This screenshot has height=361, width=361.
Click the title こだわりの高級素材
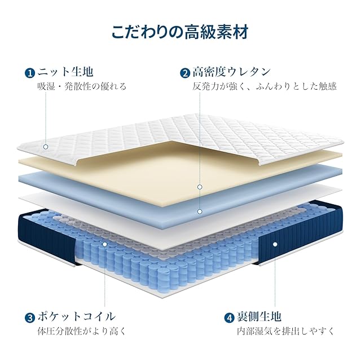point(180,32)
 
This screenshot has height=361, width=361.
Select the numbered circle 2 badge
point(184,73)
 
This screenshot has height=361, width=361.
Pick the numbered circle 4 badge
point(228,317)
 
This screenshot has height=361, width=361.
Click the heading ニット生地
point(65,72)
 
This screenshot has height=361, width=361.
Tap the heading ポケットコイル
point(77,316)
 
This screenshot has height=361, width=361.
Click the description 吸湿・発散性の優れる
point(82,87)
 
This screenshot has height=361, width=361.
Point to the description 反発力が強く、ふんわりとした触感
point(265,87)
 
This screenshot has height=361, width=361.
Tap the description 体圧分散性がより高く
point(82,331)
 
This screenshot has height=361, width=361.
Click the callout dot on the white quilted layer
point(46,147)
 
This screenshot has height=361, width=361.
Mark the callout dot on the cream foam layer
point(200,187)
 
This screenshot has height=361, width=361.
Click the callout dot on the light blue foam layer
point(200,212)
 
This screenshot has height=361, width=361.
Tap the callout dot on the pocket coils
point(105,244)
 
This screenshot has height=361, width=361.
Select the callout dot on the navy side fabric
point(275,244)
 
